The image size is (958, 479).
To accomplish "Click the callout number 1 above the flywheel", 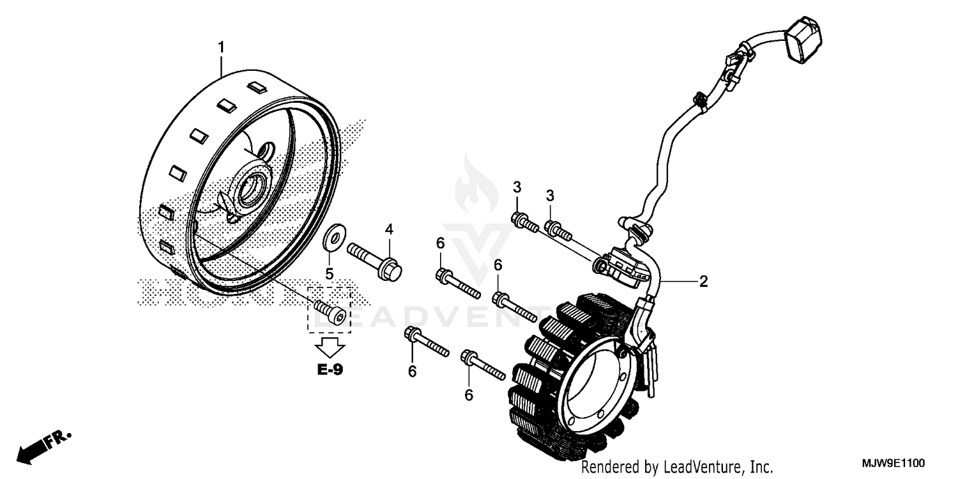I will [x=221, y=47].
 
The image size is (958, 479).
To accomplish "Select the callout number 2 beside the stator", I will [x=703, y=282].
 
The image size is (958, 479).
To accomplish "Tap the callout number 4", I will [x=388, y=229].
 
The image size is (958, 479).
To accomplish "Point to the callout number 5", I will [x=330, y=274].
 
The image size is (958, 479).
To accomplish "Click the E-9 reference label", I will [x=330, y=369].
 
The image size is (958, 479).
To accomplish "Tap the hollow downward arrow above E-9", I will [x=330, y=347].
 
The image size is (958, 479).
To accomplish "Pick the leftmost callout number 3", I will [x=517, y=187].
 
